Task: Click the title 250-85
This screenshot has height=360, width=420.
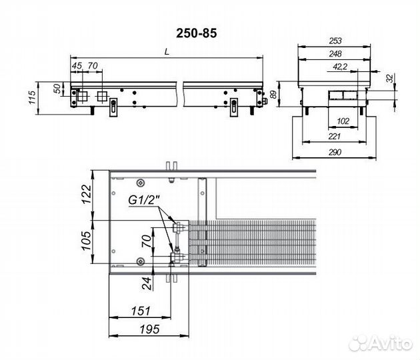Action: pos(197,33)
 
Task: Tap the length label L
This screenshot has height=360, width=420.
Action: pos(167,52)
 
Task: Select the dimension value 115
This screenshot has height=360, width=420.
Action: pos(31,98)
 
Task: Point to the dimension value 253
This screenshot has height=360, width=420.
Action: pos(335,41)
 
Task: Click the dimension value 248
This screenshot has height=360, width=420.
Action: pos(335,54)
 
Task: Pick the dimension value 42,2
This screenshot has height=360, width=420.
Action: pos(340,67)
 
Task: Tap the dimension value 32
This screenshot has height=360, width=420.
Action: pos(391,79)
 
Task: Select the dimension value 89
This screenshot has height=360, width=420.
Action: pos(273,95)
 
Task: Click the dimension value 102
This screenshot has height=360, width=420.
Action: pos(343,121)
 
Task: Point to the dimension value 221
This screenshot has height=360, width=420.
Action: pos(334,137)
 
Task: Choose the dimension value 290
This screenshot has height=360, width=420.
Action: pos(335,152)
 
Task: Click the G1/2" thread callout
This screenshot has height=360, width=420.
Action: pos(144,200)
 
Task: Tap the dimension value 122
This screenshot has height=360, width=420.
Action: pos(86,194)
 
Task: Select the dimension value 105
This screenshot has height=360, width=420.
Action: pos(86,241)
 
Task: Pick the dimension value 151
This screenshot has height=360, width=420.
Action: pos(141,311)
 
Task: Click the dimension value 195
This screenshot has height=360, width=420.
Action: pos(149,329)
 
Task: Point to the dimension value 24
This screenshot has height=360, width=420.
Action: pos(147,283)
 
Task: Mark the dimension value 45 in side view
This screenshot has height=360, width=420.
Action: pos(77,65)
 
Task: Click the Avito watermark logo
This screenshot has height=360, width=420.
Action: pos(381,343)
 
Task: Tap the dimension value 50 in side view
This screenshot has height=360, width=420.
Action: pos(57,89)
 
